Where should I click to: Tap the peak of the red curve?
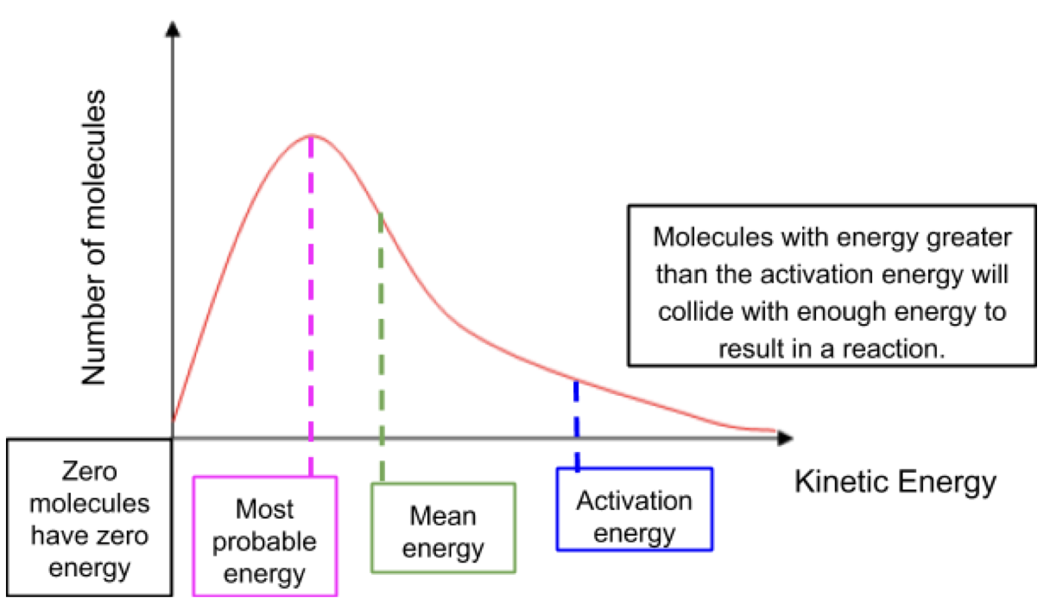coord(311,136)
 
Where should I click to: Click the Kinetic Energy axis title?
coord(895,481)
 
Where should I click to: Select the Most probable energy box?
coord(264,536)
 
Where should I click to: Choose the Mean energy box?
coord(444,528)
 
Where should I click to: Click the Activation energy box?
coord(635,510)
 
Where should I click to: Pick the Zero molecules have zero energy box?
coord(89,517)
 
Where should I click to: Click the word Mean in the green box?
coord(444,515)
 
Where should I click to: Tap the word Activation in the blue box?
coord(635,500)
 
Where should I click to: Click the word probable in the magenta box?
coord(264,541)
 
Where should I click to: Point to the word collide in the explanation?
coord(688,312)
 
